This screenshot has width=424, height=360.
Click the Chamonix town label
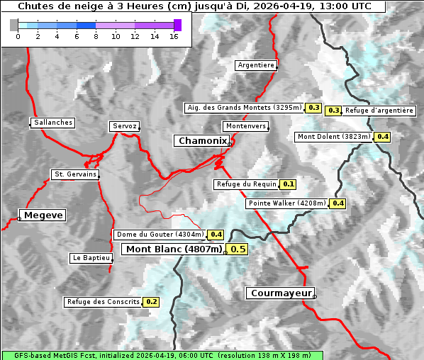202,141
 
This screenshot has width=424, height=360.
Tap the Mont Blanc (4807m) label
174,249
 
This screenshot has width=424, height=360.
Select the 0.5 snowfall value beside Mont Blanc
238,249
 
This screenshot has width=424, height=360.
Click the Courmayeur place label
279,293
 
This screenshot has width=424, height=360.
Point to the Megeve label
43,215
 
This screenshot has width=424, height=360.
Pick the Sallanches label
52,123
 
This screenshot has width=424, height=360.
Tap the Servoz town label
124,126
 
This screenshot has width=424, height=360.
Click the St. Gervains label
74,174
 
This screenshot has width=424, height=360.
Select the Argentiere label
256,65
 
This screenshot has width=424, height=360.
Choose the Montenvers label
246,126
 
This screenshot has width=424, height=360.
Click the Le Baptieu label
91,258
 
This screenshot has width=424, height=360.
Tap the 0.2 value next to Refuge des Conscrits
151,302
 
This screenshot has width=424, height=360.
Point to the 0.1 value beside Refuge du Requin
288,184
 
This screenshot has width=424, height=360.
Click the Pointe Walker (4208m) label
286,203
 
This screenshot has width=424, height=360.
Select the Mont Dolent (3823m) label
334,137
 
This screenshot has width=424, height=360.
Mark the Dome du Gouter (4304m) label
160,235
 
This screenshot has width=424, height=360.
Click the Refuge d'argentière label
379,111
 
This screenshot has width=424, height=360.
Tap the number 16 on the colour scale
174,36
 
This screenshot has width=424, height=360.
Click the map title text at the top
194,6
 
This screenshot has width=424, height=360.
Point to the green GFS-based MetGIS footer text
162,356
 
